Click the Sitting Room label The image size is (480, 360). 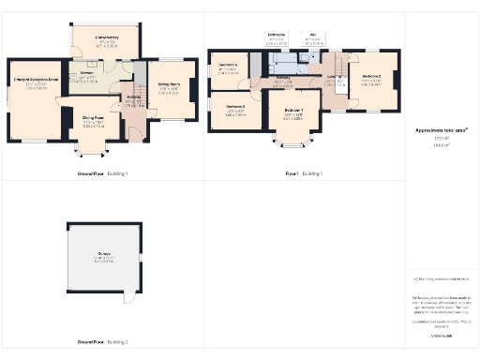169,87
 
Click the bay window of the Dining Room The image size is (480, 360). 93,149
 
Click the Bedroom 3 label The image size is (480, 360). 233,109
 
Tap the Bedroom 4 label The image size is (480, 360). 228,69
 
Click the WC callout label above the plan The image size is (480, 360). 310,38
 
